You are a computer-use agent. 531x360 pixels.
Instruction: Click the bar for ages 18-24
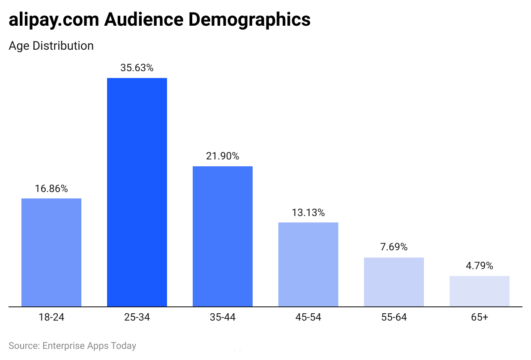click(51, 252)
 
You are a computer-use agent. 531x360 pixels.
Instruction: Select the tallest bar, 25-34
click(137, 192)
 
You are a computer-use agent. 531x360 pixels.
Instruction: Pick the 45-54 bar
click(308, 264)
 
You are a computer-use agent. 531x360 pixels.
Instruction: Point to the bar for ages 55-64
click(394, 282)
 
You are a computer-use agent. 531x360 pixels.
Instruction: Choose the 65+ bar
click(480, 291)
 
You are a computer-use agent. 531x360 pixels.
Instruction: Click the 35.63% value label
click(137, 68)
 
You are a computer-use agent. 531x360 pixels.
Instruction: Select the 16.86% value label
click(51, 189)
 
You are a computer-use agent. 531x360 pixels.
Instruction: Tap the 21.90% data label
click(223, 156)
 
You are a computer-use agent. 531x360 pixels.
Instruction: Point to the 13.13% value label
click(308, 213)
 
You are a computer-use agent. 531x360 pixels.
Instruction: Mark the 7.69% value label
click(394, 247)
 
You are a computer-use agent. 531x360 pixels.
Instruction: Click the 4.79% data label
click(480, 266)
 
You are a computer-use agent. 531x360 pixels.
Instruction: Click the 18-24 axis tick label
click(51, 318)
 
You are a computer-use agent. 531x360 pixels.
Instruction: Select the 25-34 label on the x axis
click(137, 318)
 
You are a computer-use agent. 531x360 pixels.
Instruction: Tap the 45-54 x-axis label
click(308, 318)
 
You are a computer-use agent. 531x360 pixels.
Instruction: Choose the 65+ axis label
click(480, 318)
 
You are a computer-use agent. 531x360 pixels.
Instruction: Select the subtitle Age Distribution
click(51, 46)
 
